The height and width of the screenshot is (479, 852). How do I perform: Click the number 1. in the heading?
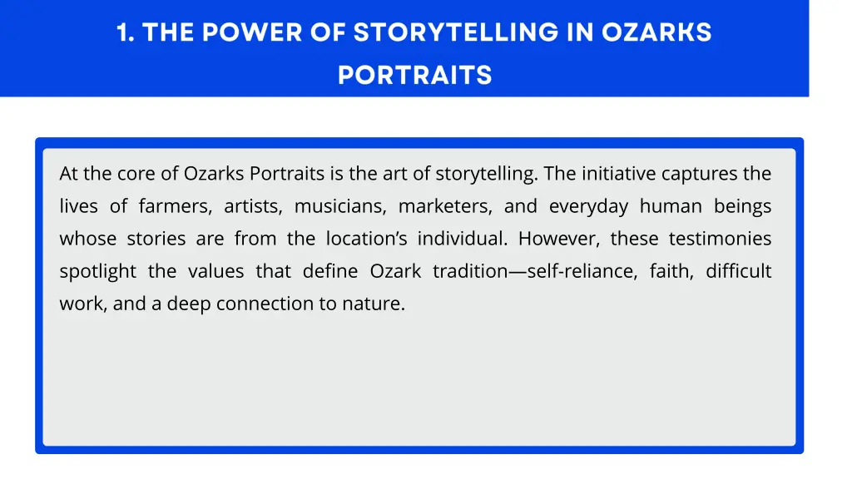(126, 33)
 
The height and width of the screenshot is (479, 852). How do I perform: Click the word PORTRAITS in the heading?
(414, 76)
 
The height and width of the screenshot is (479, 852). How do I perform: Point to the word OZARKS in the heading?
(657, 33)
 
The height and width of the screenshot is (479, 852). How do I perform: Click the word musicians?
(339, 206)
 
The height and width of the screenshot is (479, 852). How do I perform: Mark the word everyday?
(588, 206)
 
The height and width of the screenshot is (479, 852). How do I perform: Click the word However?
(557, 239)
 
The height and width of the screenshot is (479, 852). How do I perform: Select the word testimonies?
(720, 239)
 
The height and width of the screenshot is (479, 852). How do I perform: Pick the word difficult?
(739, 271)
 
